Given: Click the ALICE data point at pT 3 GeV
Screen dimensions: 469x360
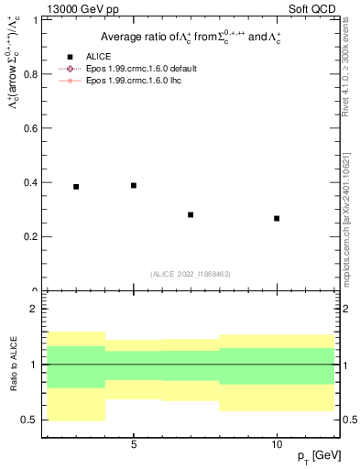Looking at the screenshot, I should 76,187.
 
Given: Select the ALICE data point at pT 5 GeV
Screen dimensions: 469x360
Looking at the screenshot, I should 134,185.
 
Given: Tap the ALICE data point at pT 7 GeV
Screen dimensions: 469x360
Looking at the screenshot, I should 191,214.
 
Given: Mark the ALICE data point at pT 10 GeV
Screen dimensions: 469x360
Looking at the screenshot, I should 277,218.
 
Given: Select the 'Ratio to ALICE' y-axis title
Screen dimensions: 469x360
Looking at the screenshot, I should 13,364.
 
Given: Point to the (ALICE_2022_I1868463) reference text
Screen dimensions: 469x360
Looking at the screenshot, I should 189,274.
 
